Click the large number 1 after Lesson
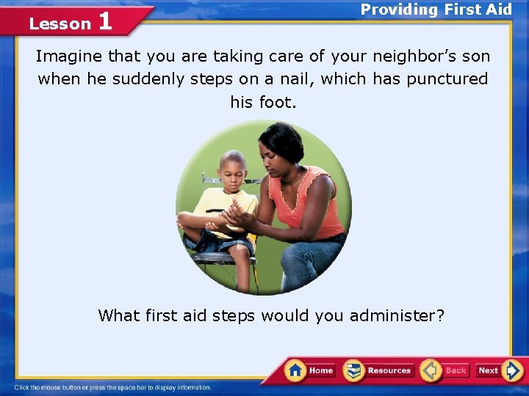(x=104, y=21)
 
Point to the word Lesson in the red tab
(x=60, y=23)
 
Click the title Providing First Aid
(x=436, y=10)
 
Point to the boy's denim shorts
(x=220, y=242)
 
